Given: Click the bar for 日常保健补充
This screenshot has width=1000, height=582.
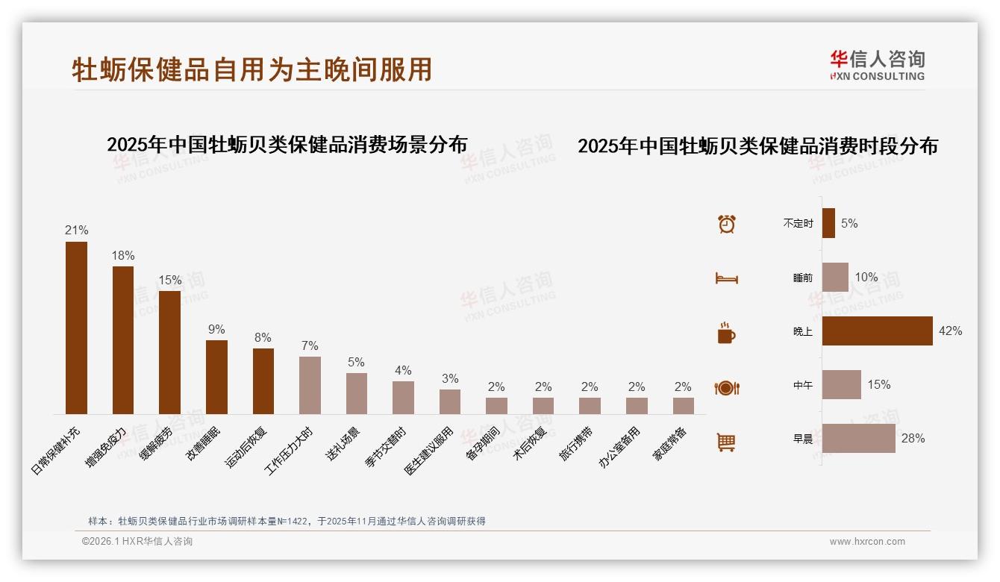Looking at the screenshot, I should point(76,328).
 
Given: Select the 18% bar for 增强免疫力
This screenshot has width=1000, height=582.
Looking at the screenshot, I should point(123,340).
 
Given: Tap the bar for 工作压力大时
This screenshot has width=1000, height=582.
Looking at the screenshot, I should point(310,385).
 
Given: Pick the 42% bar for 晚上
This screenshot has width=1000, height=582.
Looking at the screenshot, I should point(877,331).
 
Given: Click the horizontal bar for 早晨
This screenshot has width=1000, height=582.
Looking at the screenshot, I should point(858,439).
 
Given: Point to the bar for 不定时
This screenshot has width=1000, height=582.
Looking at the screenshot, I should point(828,223).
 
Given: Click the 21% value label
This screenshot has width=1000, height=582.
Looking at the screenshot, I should point(76,231).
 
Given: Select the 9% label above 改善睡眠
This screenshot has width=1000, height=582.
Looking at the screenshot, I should point(216,330).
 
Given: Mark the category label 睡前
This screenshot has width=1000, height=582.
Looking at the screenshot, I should point(803,278).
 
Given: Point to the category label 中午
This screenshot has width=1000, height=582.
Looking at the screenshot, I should point(803,386).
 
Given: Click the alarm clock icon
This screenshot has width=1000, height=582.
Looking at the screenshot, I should point(726,224).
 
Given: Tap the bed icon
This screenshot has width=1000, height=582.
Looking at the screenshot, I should point(726,278).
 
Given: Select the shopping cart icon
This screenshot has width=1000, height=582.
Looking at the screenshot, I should point(726,442).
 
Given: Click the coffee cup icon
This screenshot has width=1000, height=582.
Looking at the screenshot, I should point(726,333).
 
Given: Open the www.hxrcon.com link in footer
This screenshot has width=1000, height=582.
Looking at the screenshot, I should point(867,542).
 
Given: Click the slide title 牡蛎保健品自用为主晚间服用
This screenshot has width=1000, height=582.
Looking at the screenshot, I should point(251,69).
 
